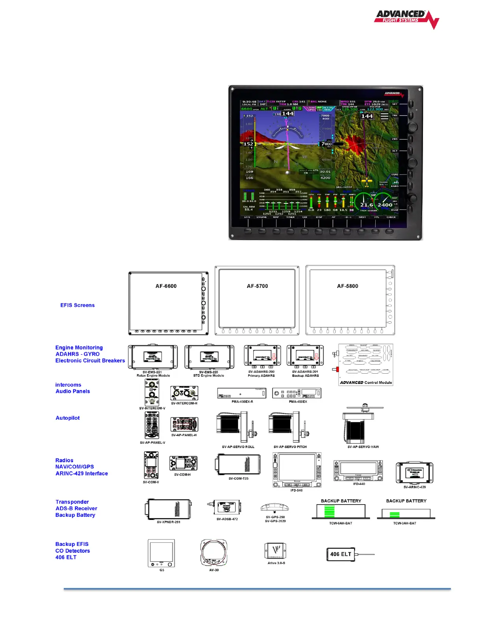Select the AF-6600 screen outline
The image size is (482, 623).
click(168, 303)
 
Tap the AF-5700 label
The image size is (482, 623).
click(257, 286)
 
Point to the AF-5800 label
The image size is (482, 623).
click(347, 286)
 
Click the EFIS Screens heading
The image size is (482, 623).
click(77, 305)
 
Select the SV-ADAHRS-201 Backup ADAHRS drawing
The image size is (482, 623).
click(305, 357)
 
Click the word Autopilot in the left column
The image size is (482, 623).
click(68, 418)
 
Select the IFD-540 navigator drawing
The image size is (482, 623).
click(297, 470)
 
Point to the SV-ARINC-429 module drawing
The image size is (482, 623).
click(414, 473)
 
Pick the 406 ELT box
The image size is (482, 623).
click(341, 554)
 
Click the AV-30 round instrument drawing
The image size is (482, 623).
click(214, 553)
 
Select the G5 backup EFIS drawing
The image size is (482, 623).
click(161, 553)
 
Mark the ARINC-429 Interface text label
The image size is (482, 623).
click(82, 474)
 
